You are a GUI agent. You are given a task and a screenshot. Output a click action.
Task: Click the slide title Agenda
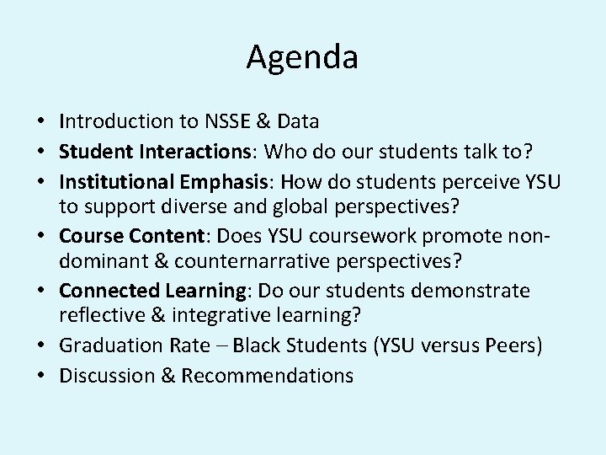point(302,58)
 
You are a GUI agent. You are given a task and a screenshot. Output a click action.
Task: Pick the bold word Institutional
point(117,181)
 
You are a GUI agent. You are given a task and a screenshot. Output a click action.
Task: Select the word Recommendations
point(268,375)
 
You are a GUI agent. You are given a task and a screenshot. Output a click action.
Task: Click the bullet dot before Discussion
point(43,375)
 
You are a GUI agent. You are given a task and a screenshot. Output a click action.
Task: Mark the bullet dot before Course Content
point(43,237)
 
